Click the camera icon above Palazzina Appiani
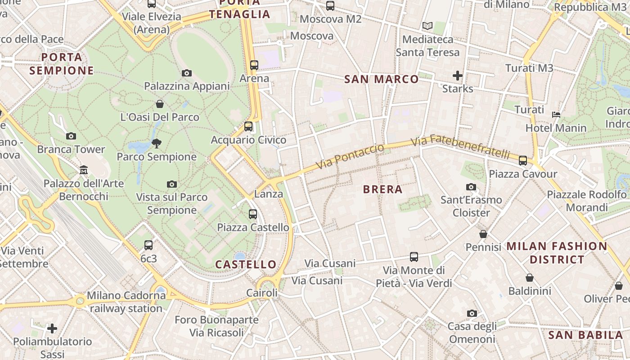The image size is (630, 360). pos(187,73)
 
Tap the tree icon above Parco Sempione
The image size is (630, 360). pos(157,144)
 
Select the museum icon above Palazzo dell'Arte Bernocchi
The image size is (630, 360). pos(84,170)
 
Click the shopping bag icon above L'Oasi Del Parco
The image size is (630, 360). pos(160,104)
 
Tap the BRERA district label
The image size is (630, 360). pos(382,189)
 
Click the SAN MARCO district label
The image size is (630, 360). pos(381,79)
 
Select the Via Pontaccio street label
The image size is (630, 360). pos(350,156)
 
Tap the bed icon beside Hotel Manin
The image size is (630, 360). pos(556,114)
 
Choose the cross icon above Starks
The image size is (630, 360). pos(458,75)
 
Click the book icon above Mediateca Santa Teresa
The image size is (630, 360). pos(427,26)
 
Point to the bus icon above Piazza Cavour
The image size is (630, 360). pos(523,161)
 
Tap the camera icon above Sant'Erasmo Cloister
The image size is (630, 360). pos(471,187)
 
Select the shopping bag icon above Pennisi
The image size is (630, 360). pos(483,234)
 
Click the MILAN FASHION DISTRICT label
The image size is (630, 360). pos(557,253)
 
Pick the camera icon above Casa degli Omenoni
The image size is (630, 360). pos(472,313)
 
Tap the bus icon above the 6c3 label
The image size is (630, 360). pos(148,245)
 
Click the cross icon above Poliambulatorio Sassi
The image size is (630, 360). pos(52,328)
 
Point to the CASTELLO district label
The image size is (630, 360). pos(246,264)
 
